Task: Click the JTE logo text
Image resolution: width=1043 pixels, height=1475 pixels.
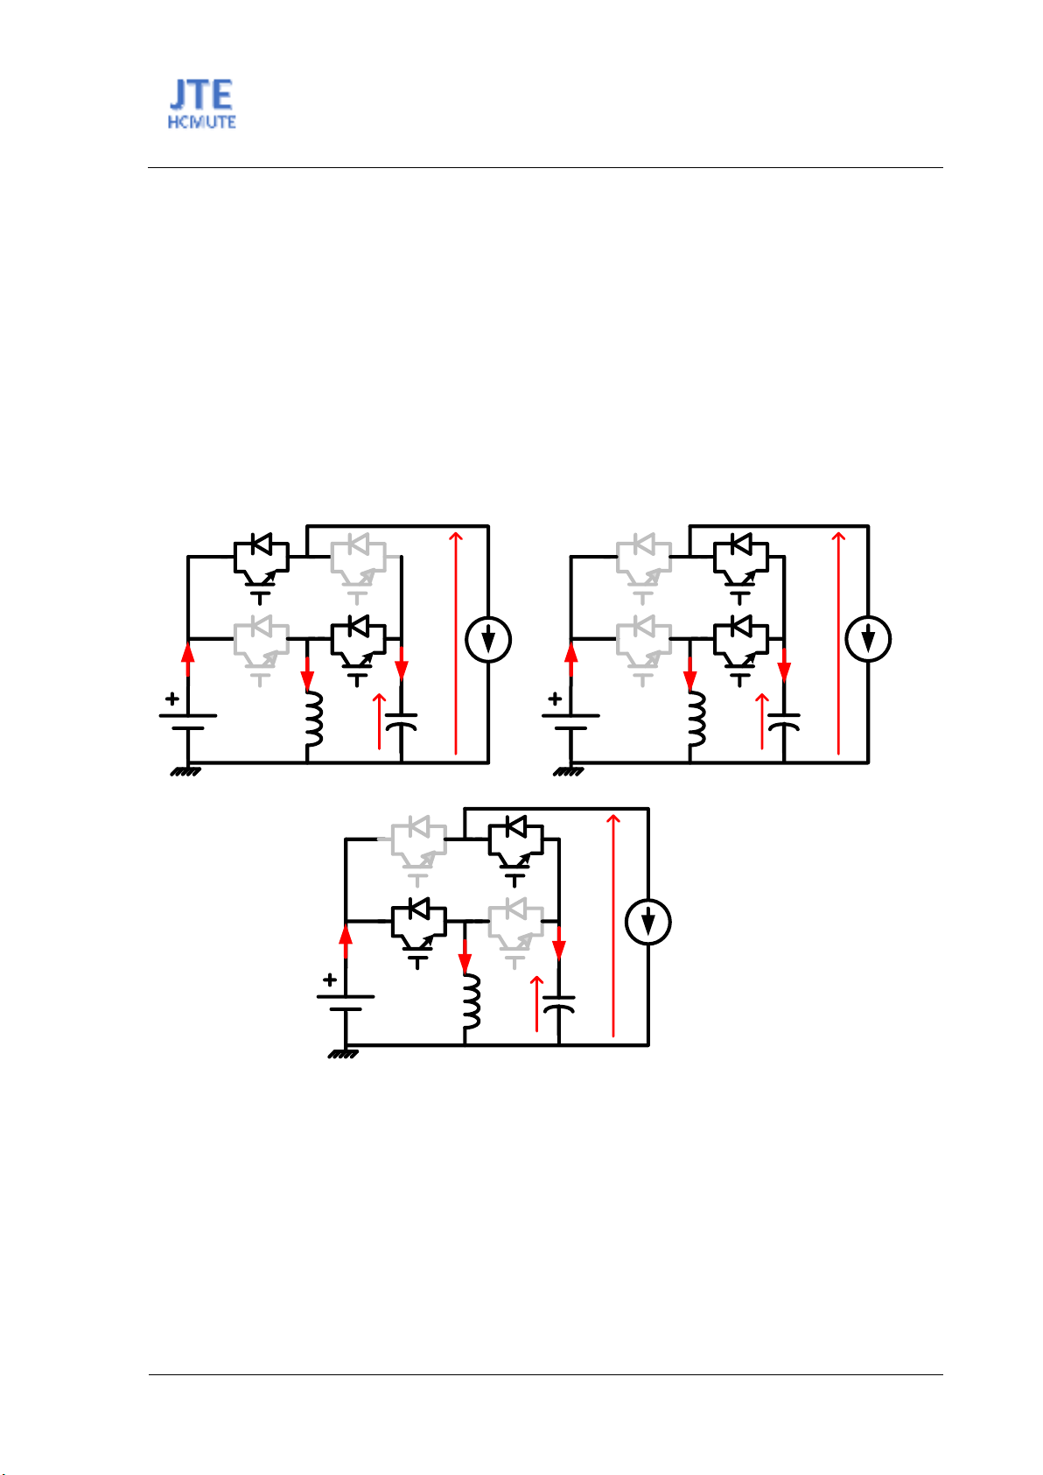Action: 201,95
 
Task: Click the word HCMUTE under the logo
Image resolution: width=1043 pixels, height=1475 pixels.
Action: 201,123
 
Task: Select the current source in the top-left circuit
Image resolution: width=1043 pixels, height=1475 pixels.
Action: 488,639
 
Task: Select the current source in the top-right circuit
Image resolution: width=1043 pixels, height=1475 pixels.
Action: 868,639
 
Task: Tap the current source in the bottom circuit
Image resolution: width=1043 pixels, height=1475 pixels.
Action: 648,921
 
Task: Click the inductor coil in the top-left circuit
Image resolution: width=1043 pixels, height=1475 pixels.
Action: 314,719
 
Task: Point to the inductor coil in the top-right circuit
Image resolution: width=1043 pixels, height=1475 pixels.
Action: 696,719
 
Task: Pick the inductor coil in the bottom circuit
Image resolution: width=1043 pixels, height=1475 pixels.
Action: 471,1001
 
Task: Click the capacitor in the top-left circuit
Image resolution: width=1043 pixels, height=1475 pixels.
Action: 402,721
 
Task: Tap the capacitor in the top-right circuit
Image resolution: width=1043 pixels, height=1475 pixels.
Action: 784,721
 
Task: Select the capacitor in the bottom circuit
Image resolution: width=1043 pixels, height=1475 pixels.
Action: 558,1004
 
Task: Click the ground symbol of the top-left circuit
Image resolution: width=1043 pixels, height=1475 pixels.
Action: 185,771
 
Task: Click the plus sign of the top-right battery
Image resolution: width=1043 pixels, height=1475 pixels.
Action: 555,698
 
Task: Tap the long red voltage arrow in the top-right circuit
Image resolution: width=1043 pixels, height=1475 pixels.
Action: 837,643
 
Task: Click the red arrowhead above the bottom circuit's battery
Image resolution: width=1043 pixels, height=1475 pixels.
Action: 346,935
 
